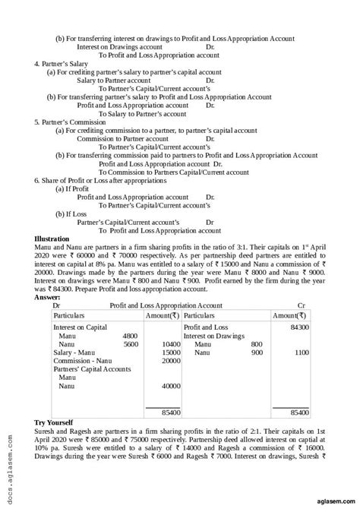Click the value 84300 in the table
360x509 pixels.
coord(299,326)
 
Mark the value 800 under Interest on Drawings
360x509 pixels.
coord(257,343)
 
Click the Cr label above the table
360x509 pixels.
coord(302,305)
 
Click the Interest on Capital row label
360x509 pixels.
coord(79,326)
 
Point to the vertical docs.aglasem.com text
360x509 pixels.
coord(8,463)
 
